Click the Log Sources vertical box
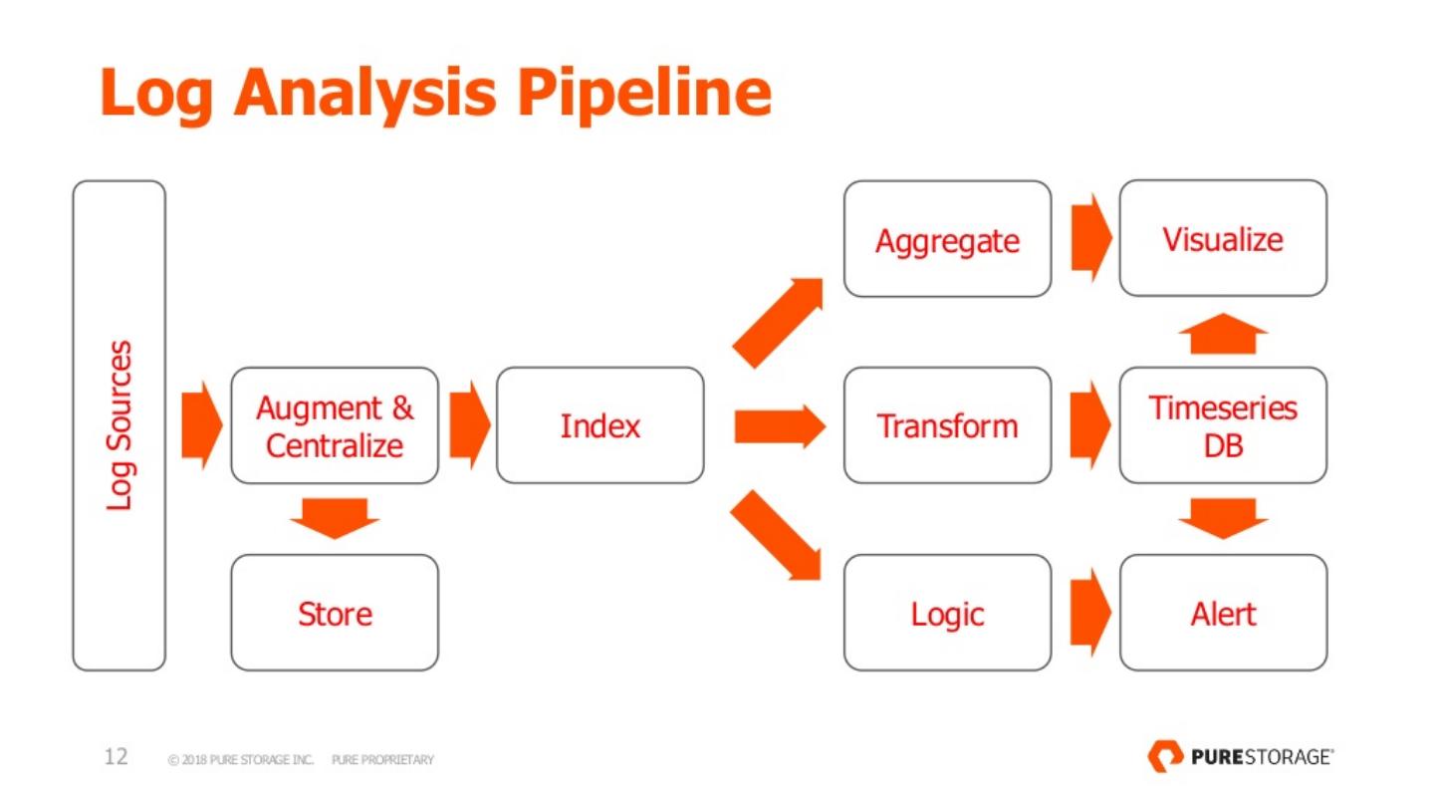click(x=119, y=426)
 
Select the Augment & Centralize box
click(x=335, y=426)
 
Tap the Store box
click(x=335, y=613)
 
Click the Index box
click(x=599, y=426)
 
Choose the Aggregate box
click(x=947, y=239)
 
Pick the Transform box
click(x=947, y=426)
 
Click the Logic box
click(x=947, y=613)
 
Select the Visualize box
click(x=1223, y=238)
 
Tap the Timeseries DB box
click(x=1223, y=426)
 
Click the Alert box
click(x=1223, y=613)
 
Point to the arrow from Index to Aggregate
click(x=778, y=322)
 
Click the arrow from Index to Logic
click(x=776, y=535)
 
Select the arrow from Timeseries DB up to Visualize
click(x=1223, y=333)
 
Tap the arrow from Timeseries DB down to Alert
click(x=1223, y=519)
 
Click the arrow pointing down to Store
click(x=335, y=519)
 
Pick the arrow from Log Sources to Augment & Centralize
click(x=202, y=426)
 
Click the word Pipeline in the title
click(x=644, y=94)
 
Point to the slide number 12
click(x=116, y=757)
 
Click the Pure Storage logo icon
click(x=1166, y=756)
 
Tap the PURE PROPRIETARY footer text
click(x=382, y=759)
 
